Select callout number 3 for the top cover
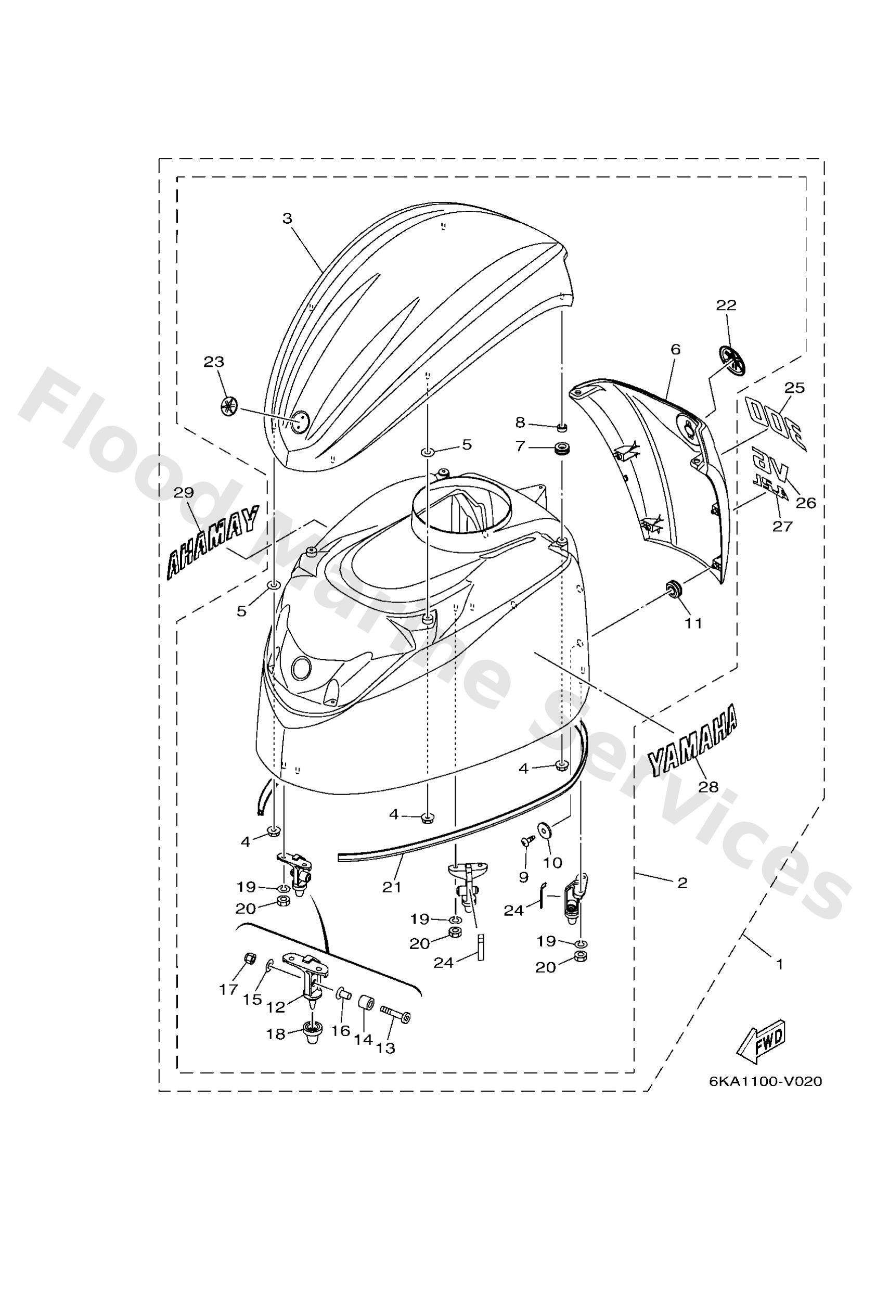click(287, 219)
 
